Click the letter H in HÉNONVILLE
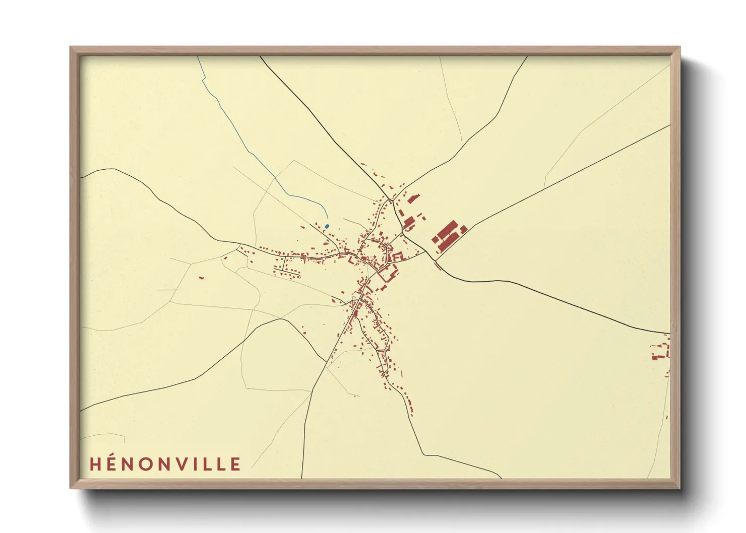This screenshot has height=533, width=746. (96, 464)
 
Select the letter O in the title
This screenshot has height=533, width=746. (147, 464)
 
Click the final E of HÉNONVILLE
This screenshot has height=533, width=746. (235, 464)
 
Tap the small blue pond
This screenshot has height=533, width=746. (327, 226)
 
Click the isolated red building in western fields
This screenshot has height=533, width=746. (201, 277)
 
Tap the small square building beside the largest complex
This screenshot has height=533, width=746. (464, 229)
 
